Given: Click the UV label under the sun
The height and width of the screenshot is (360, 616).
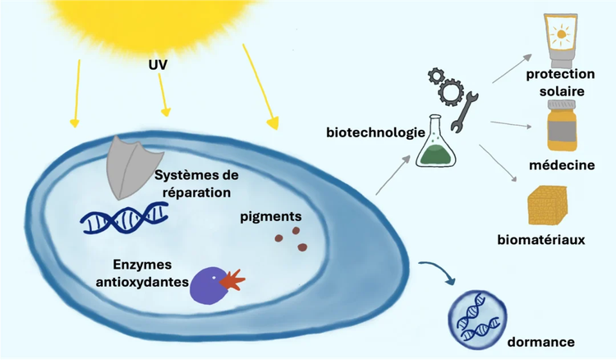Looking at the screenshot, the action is [x=158, y=64].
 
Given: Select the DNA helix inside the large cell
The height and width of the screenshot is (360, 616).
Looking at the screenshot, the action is [x=125, y=218].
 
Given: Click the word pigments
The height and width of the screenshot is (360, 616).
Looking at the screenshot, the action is [x=271, y=216].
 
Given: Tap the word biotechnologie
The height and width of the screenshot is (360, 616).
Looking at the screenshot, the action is [x=375, y=132].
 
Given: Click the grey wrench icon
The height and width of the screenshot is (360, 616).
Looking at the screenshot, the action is [x=463, y=112].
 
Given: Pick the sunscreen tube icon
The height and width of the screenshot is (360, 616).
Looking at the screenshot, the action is [x=561, y=40].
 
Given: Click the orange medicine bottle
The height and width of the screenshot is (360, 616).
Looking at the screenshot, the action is [x=562, y=125].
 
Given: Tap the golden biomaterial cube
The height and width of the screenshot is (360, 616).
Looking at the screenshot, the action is [x=547, y=205].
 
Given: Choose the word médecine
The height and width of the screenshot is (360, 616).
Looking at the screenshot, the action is [x=562, y=165].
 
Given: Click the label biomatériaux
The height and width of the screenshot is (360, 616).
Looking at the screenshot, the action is [x=541, y=239].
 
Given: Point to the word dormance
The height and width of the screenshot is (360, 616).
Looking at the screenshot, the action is [x=540, y=342].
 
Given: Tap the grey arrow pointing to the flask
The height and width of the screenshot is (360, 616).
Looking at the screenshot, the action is [x=393, y=174].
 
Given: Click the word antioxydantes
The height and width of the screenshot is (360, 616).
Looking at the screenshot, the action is [x=142, y=282].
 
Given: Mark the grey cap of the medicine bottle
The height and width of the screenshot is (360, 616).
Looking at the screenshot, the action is [x=562, y=105].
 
